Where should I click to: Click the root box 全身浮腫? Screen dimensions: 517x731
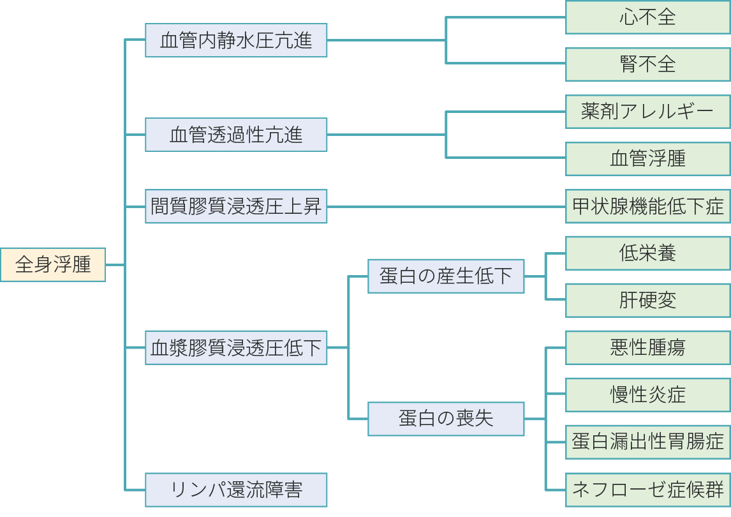coord(53,264)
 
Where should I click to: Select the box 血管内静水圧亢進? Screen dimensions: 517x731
coord(236,40)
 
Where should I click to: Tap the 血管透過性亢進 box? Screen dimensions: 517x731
coord(236,135)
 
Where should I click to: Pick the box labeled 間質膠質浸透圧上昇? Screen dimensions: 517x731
coord(236,206)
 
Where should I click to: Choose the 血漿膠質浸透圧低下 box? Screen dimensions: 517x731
coord(236,347)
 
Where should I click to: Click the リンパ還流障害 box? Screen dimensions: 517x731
coord(236,490)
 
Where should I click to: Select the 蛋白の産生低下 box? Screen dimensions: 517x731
coord(446,276)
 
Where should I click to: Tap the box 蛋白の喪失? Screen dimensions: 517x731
coord(446,419)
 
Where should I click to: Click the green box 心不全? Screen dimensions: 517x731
coord(647,17)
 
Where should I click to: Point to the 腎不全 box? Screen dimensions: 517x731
coord(647,64)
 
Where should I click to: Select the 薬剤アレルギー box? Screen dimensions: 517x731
coord(647,112)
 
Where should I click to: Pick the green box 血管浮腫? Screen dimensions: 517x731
coord(647,158)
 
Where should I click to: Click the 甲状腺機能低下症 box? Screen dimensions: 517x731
coord(647,206)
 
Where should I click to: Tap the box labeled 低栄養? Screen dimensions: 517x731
coord(647,253)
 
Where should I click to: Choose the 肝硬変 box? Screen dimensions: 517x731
coord(647,300)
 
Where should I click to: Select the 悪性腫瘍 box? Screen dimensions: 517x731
coord(647,347)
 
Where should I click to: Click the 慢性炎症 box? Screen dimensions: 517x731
coord(647,395)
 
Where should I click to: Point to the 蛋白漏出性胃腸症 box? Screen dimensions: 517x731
coord(647,442)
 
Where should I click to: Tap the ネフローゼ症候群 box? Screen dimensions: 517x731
coord(647,490)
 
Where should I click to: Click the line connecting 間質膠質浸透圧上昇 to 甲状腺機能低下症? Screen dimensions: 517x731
coord(447,206)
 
